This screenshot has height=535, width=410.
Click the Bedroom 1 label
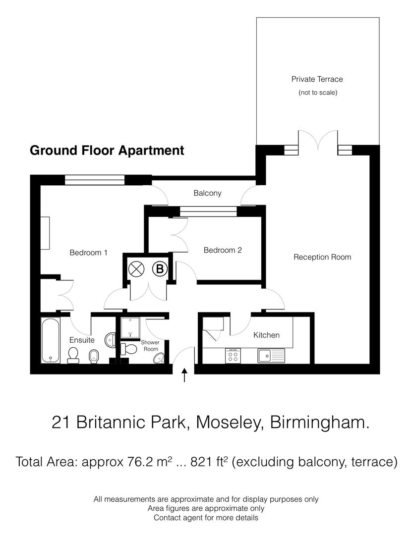tap(88, 253)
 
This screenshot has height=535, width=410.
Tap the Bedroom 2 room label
tap(223, 250)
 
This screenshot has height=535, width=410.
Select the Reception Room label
tap(322, 257)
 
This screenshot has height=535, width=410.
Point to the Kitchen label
tap(266, 335)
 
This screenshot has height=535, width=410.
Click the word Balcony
tap(207, 193)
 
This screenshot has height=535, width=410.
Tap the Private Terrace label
tap(317, 79)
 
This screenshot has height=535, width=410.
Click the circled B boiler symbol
tap(160, 269)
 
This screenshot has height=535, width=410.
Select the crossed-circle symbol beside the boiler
tap(135, 269)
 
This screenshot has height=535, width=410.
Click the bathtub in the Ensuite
tap(50, 340)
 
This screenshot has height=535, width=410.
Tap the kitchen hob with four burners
tap(233, 355)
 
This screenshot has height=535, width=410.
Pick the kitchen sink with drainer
tap(270, 355)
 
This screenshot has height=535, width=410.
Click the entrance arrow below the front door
tap(185, 375)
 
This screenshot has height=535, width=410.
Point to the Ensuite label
tap(82, 340)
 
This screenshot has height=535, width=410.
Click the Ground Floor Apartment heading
tap(107, 151)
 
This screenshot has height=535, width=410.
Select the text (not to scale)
tap(317, 93)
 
